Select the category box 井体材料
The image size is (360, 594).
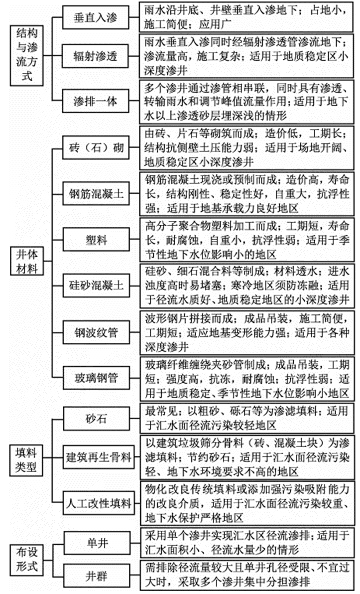pyautogui.click(x=27, y=262)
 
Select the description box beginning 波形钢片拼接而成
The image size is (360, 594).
pyautogui.click(x=247, y=330)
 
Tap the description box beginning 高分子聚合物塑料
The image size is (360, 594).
pyautogui.click(x=247, y=239)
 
